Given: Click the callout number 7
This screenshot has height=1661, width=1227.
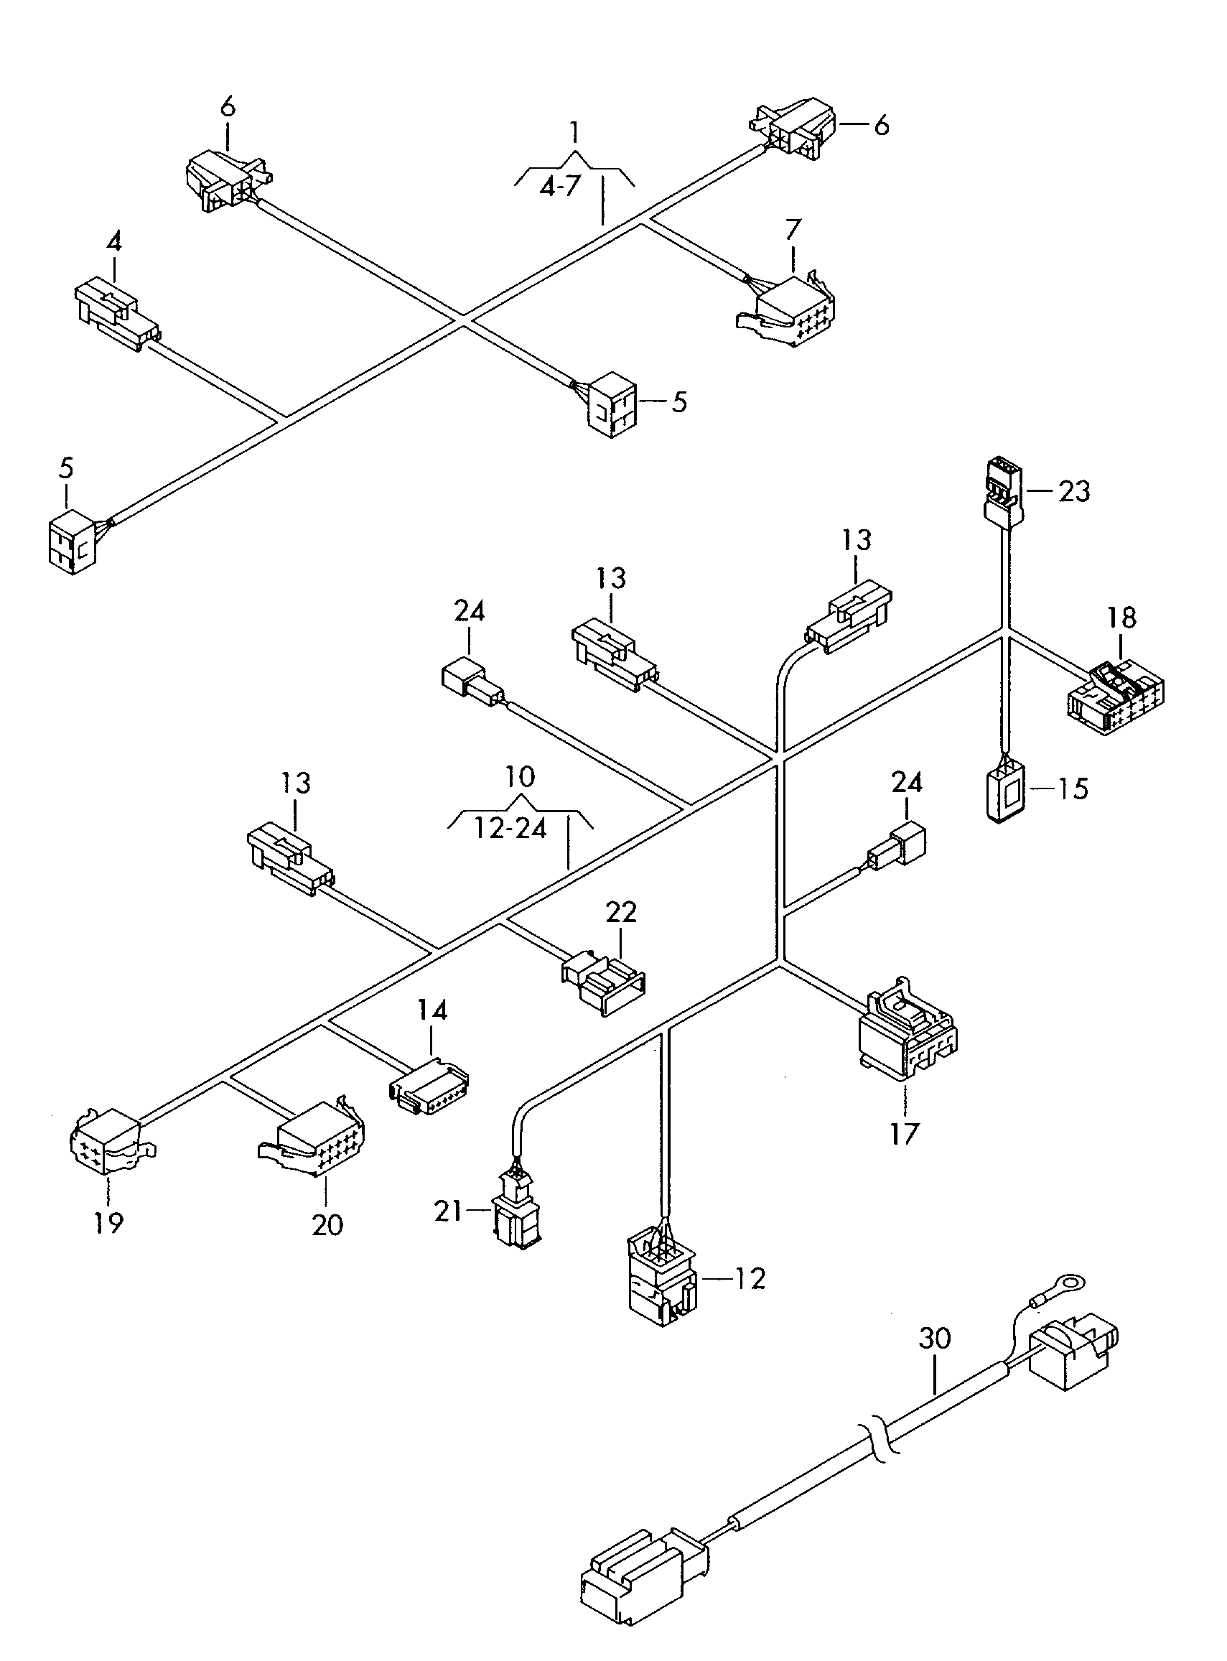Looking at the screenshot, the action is (x=793, y=231).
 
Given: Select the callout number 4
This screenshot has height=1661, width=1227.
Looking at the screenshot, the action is (x=113, y=241).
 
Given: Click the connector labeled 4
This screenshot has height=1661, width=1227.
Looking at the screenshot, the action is (x=116, y=315).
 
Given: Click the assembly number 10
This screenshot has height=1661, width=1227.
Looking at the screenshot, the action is (x=520, y=777).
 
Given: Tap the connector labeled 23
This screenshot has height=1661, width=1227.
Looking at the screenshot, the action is (x=1004, y=491).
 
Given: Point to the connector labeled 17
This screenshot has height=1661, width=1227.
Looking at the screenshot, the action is (x=907, y=1028).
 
